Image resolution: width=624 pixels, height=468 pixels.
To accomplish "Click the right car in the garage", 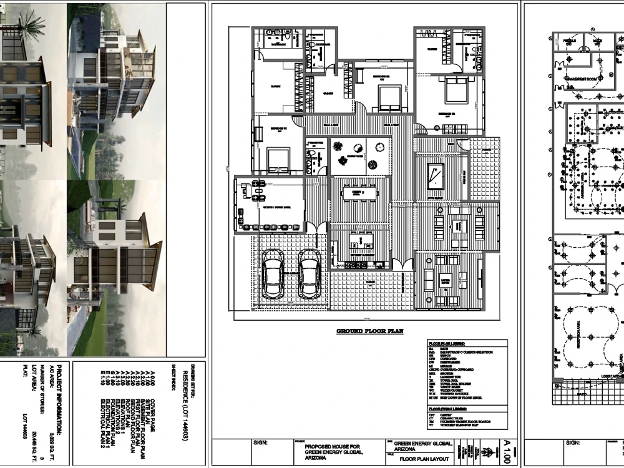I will (x=310, y=276).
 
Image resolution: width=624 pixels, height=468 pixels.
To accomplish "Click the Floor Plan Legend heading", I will (x=446, y=343).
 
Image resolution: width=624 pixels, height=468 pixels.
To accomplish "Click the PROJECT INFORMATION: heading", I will (x=60, y=399).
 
